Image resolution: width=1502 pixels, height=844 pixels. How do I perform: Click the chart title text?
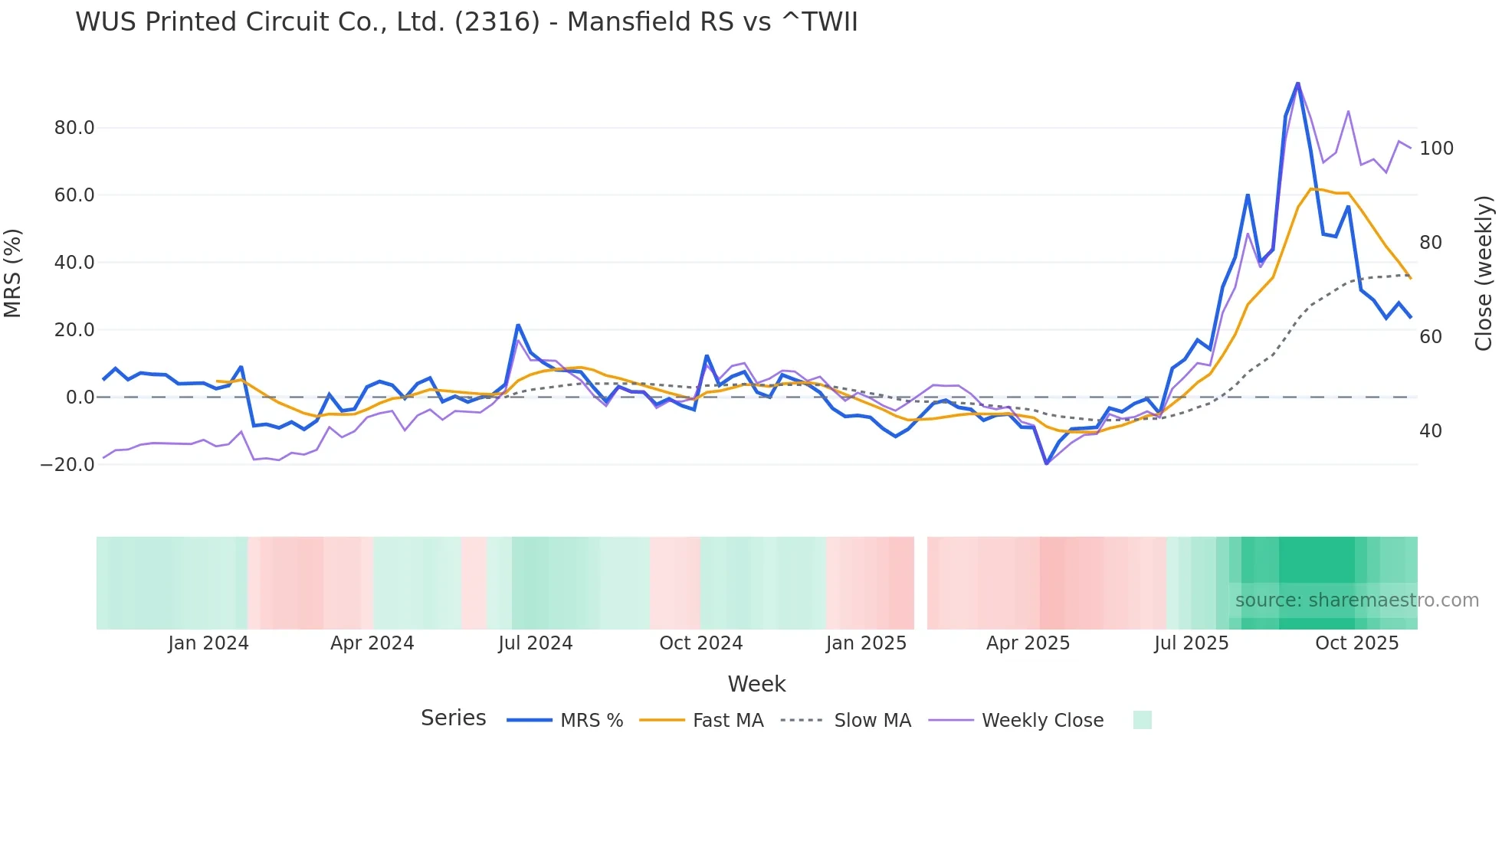pyautogui.click(x=466, y=22)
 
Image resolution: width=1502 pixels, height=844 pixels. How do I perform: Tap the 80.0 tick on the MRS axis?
pyautogui.click(x=74, y=128)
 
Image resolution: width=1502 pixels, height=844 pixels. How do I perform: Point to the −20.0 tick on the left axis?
pyautogui.click(x=67, y=465)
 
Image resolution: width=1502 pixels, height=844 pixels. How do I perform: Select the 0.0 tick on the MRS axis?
pyautogui.click(x=80, y=397)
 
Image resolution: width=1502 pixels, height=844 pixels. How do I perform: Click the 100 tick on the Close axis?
pyautogui.click(x=1436, y=149)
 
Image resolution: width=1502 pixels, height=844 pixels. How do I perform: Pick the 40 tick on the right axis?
pyautogui.click(x=1430, y=431)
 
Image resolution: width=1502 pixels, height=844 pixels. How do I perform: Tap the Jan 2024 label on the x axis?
pyautogui.click(x=208, y=643)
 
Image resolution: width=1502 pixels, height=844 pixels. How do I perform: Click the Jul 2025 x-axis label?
pyautogui.click(x=1191, y=643)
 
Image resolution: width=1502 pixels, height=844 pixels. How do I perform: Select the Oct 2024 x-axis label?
pyautogui.click(x=700, y=643)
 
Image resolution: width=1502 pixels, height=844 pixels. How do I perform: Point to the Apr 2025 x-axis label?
pyautogui.click(x=1028, y=643)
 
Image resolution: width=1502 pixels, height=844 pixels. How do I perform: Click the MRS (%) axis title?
pyautogui.click(x=13, y=273)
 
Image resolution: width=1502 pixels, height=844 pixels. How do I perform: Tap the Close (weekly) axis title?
pyautogui.click(x=1484, y=273)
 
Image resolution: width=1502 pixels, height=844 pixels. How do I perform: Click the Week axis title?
pyautogui.click(x=756, y=684)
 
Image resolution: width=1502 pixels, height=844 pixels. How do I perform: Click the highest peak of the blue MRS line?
pyautogui.click(x=1297, y=83)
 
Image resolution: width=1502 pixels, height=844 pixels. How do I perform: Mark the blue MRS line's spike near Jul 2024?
pyautogui.click(x=518, y=325)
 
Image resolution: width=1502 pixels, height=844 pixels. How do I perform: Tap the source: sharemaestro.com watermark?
pyautogui.click(x=1356, y=600)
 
